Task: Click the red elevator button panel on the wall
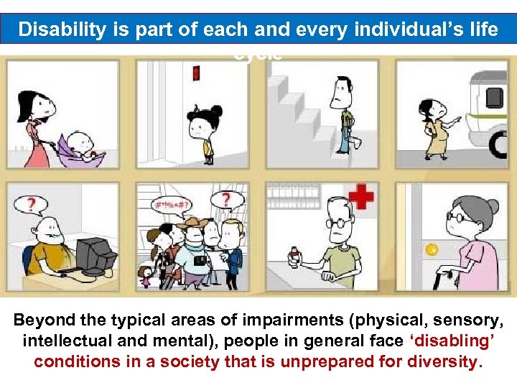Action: click(195, 73)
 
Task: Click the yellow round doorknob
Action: click(432, 250)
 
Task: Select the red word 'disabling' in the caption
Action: click(431, 340)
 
